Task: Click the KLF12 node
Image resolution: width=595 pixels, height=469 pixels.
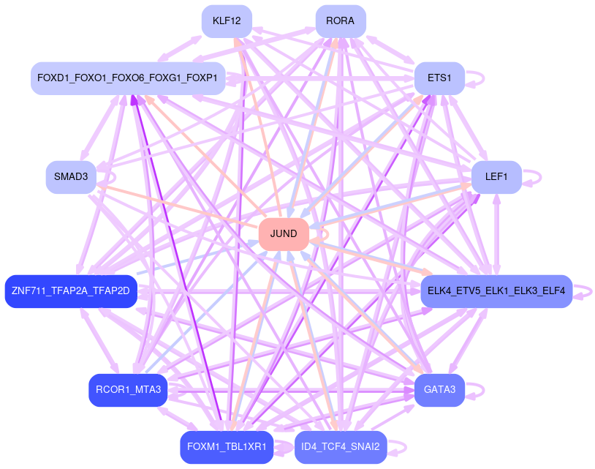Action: (x=227, y=21)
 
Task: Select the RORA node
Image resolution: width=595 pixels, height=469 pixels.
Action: (x=341, y=21)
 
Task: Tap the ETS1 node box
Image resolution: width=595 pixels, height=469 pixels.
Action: (x=439, y=78)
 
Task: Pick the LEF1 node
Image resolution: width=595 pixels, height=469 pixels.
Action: (x=496, y=176)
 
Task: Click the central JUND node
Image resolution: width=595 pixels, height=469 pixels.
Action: (x=284, y=234)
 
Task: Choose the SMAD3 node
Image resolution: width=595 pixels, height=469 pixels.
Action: (x=70, y=176)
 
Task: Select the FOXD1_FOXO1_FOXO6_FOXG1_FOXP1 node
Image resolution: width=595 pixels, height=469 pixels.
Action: (x=127, y=78)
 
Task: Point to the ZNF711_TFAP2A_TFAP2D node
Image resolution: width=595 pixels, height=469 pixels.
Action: (x=70, y=291)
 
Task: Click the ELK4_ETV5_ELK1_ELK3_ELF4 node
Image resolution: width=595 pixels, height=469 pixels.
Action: (x=496, y=291)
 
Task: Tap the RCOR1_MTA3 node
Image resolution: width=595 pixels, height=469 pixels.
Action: (x=128, y=390)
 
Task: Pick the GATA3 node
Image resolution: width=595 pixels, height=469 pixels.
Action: (x=439, y=390)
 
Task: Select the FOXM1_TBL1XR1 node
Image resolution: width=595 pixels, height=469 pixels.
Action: (x=227, y=447)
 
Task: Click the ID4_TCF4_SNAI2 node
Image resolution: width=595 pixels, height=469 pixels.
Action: (x=341, y=447)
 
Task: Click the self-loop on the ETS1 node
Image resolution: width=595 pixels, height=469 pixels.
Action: (x=481, y=78)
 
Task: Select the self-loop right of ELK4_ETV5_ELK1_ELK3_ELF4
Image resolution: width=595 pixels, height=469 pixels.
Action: (x=589, y=291)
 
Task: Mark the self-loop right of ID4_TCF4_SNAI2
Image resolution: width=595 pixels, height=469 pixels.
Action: (x=403, y=447)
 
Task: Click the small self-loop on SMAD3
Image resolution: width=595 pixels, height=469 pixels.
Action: (x=111, y=176)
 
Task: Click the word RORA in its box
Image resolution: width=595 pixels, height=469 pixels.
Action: (x=341, y=21)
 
